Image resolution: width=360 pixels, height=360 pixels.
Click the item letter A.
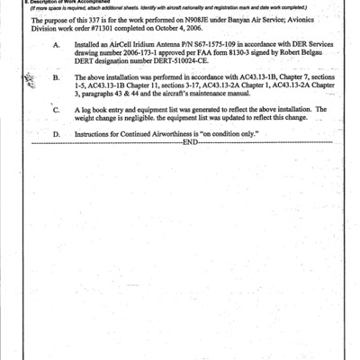(58, 43)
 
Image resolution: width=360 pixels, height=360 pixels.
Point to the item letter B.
(57, 78)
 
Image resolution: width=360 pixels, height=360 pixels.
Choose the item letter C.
(57, 110)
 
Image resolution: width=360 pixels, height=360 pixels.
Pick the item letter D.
(57, 133)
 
